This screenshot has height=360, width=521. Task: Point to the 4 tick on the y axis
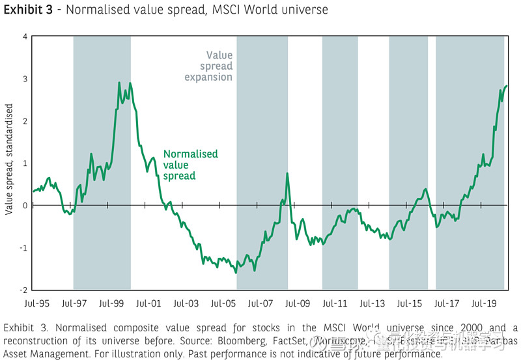tap(24, 36)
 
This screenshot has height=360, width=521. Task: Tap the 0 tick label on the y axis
tap(24, 206)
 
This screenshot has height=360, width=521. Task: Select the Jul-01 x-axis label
tap(148, 303)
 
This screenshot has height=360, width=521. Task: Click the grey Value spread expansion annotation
tap(209, 66)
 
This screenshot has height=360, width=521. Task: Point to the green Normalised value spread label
tap(190, 165)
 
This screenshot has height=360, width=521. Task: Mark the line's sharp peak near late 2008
tap(287, 173)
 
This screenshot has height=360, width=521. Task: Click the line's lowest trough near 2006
tap(236, 273)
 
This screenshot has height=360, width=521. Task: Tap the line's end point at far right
tap(506, 86)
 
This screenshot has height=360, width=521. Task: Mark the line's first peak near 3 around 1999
tap(119, 83)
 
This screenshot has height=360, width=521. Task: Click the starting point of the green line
tap(33, 191)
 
